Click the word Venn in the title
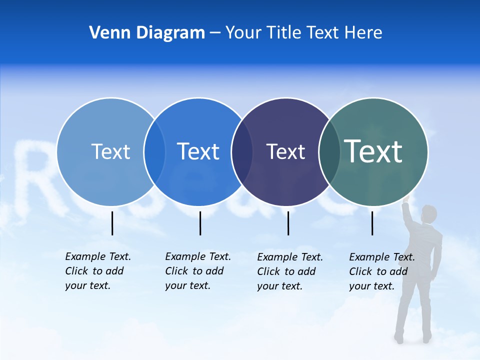coord(106,33)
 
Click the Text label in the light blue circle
coord(110,151)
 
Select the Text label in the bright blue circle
coord(198,151)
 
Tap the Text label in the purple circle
coord(285,151)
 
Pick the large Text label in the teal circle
coord(373,151)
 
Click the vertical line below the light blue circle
coord(112,223)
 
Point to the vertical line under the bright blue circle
coord(200,223)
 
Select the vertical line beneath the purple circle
coord(288,223)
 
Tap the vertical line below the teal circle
coord(372,223)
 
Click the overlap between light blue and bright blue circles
coord(154,151)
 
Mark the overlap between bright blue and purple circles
coord(242,151)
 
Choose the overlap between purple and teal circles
coord(329,151)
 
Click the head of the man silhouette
coord(428,214)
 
